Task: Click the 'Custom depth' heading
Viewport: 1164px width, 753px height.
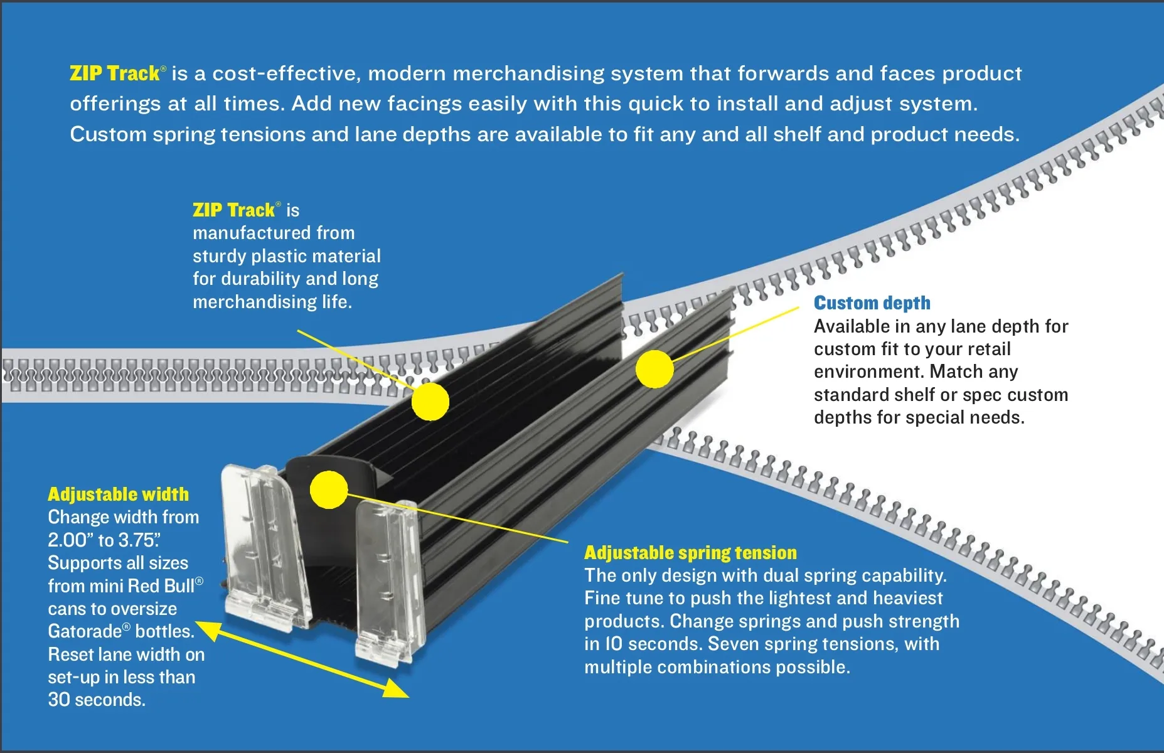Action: pos(872,303)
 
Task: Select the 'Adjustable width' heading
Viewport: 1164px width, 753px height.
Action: pos(118,494)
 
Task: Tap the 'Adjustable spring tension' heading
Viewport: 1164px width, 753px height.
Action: pos(690,553)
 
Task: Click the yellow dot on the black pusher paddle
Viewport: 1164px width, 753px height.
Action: pos(329,489)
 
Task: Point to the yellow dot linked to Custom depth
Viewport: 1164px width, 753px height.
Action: pos(654,369)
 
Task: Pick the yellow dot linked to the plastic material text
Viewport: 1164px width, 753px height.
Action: pos(430,402)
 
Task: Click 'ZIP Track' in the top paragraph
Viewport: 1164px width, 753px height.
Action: pos(115,73)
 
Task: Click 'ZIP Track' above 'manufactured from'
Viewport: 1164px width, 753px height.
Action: pos(234,210)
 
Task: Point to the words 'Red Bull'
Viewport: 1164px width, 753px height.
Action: pos(161,586)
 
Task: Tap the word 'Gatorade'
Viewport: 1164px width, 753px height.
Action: pos(85,631)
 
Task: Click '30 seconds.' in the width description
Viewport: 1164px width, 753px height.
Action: pos(97,700)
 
